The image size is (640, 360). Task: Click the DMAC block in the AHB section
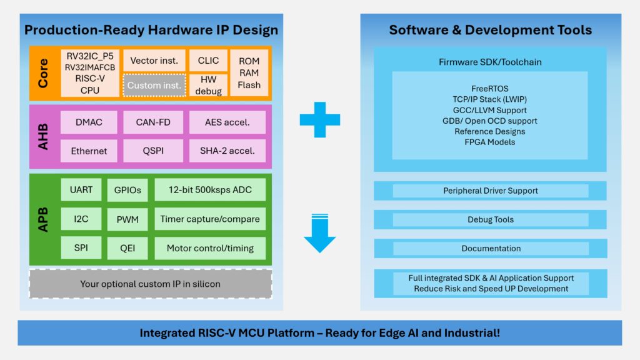coord(89,122)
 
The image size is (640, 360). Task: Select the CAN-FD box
coord(154,122)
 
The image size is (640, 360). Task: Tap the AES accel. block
coord(227,122)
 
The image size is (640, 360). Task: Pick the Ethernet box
coord(89,151)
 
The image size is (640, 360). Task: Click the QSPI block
coord(154,151)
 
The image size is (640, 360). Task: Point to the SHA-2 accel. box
coord(227,151)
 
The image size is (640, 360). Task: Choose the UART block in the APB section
coord(81,189)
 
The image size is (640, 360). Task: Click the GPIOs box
coord(127,189)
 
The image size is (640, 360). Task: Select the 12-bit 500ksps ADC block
coord(210,189)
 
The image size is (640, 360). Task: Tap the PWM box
coord(127,219)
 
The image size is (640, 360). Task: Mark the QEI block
coord(127,248)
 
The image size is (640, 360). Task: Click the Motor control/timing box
coord(210,248)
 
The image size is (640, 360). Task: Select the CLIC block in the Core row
coord(208,61)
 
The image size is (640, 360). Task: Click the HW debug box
coord(208,85)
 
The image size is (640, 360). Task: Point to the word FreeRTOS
coord(490,89)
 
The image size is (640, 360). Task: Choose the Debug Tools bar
coord(490,219)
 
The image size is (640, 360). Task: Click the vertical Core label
coord(43,73)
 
